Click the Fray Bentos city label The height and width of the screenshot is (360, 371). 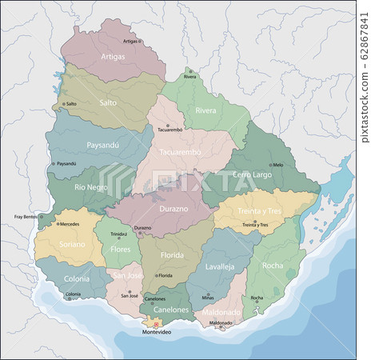tap(26, 217)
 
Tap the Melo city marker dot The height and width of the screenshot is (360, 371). tap(269, 165)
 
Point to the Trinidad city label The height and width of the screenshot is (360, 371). tap(118, 234)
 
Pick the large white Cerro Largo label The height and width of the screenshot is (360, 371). tap(253, 174)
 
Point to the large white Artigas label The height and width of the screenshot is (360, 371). tap(113, 57)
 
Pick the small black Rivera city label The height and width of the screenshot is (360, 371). tap(189, 77)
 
